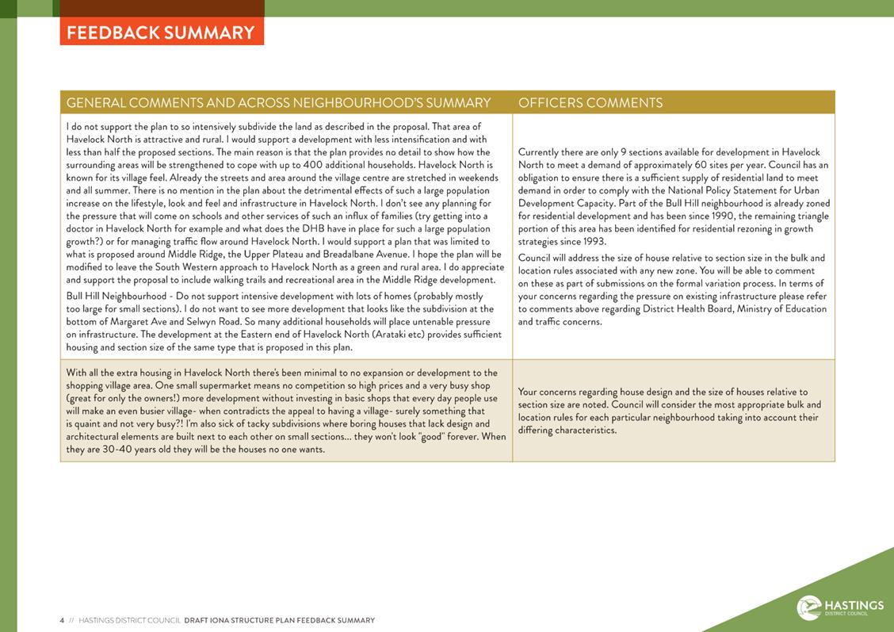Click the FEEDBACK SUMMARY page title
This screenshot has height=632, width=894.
pyautogui.click(x=161, y=33)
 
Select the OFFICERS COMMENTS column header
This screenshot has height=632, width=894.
pyautogui.click(x=590, y=103)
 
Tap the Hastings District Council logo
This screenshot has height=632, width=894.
pyautogui.click(x=840, y=607)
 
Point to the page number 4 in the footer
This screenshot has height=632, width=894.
pyautogui.click(x=62, y=620)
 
